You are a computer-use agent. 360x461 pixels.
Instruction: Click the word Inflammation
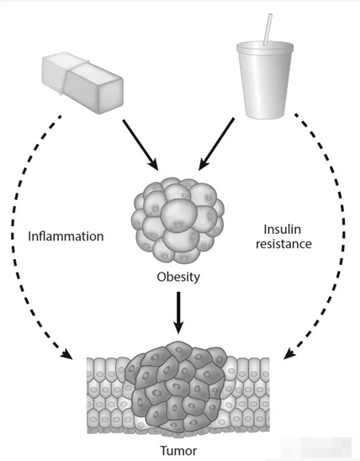click(x=66, y=236)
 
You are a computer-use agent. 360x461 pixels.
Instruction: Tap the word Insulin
click(x=282, y=230)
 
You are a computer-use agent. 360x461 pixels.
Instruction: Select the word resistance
click(x=283, y=244)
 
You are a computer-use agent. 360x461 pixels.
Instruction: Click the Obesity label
click(x=178, y=277)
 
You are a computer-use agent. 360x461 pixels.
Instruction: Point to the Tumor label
click(x=178, y=451)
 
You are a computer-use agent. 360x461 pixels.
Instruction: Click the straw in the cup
click(x=267, y=29)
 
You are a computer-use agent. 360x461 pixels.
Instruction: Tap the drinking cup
click(x=265, y=79)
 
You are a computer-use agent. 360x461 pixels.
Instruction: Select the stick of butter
click(x=82, y=82)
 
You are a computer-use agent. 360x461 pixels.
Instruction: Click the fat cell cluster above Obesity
click(x=177, y=220)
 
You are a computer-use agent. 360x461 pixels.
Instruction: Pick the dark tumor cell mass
click(x=176, y=388)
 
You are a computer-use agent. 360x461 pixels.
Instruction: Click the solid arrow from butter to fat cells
click(x=140, y=145)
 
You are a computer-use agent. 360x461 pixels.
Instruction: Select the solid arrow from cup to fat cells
click(x=216, y=144)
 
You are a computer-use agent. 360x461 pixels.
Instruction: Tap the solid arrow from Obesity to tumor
click(x=178, y=313)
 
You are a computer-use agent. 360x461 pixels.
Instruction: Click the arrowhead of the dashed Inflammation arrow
click(x=67, y=354)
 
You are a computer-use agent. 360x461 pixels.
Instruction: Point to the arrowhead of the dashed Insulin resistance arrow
click(x=289, y=353)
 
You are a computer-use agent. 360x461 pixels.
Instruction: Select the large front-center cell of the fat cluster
click(x=179, y=214)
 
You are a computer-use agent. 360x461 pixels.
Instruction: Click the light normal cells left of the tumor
click(x=109, y=394)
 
